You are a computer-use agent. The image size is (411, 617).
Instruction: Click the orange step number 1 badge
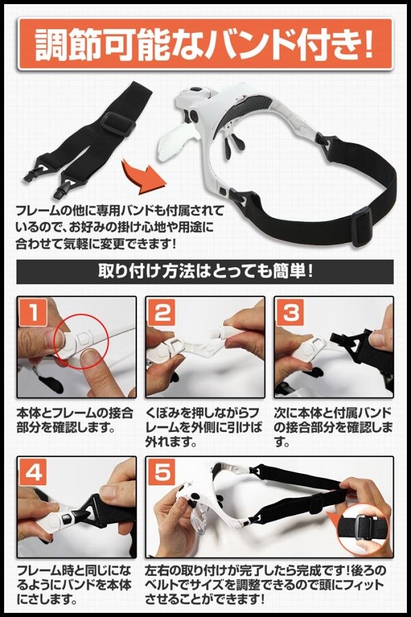tap(34, 313)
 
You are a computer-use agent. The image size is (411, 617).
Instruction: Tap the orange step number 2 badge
tap(162, 313)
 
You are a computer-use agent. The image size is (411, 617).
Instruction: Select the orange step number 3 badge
tap(290, 313)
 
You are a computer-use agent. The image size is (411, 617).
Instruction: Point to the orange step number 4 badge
tap(34, 472)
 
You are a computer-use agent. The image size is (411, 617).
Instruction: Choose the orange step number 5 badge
tap(162, 472)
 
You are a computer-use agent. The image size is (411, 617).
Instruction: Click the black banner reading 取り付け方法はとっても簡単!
tap(205, 271)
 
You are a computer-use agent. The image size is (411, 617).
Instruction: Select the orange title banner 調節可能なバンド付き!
tap(205, 44)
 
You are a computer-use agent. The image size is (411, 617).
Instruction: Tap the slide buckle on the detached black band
tap(118, 123)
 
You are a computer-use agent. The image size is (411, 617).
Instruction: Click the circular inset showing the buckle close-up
tap(362, 528)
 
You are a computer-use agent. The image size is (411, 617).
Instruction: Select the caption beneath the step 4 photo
tap(75, 585)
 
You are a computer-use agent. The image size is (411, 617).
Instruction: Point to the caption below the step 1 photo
tap(75, 420)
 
